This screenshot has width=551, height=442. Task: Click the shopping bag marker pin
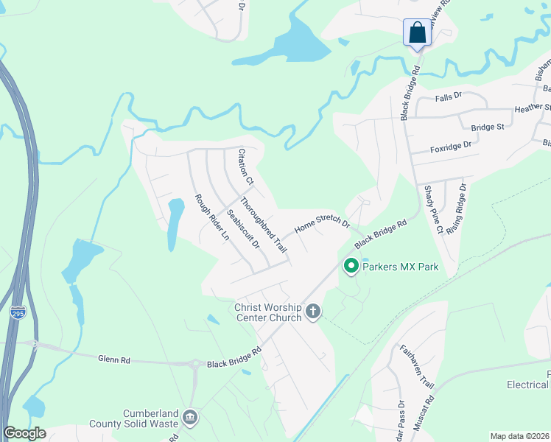click(x=416, y=33)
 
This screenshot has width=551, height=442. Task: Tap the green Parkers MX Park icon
click(x=351, y=266)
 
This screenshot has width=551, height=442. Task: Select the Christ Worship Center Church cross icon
click(x=313, y=312)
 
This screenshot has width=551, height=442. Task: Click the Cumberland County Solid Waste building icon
click(x=190, y=418)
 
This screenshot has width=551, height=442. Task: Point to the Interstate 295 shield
click(x=18, y=313)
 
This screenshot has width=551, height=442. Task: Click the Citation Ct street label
click(x=245, y=166)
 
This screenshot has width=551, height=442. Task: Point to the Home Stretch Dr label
click(x=322, y=224)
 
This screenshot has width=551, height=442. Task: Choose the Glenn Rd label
click(x=114, y=359)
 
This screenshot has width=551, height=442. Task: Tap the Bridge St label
click(x=487, y=127)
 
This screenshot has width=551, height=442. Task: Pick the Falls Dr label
click(x=448, y=96)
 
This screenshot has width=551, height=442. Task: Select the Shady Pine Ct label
click(x=432, y=210)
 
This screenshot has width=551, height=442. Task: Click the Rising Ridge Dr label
click(x=462, y=208)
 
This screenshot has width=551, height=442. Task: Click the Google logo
click(x=25, y=433)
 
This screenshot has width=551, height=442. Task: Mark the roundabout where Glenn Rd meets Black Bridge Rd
click(x=196, y=364)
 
